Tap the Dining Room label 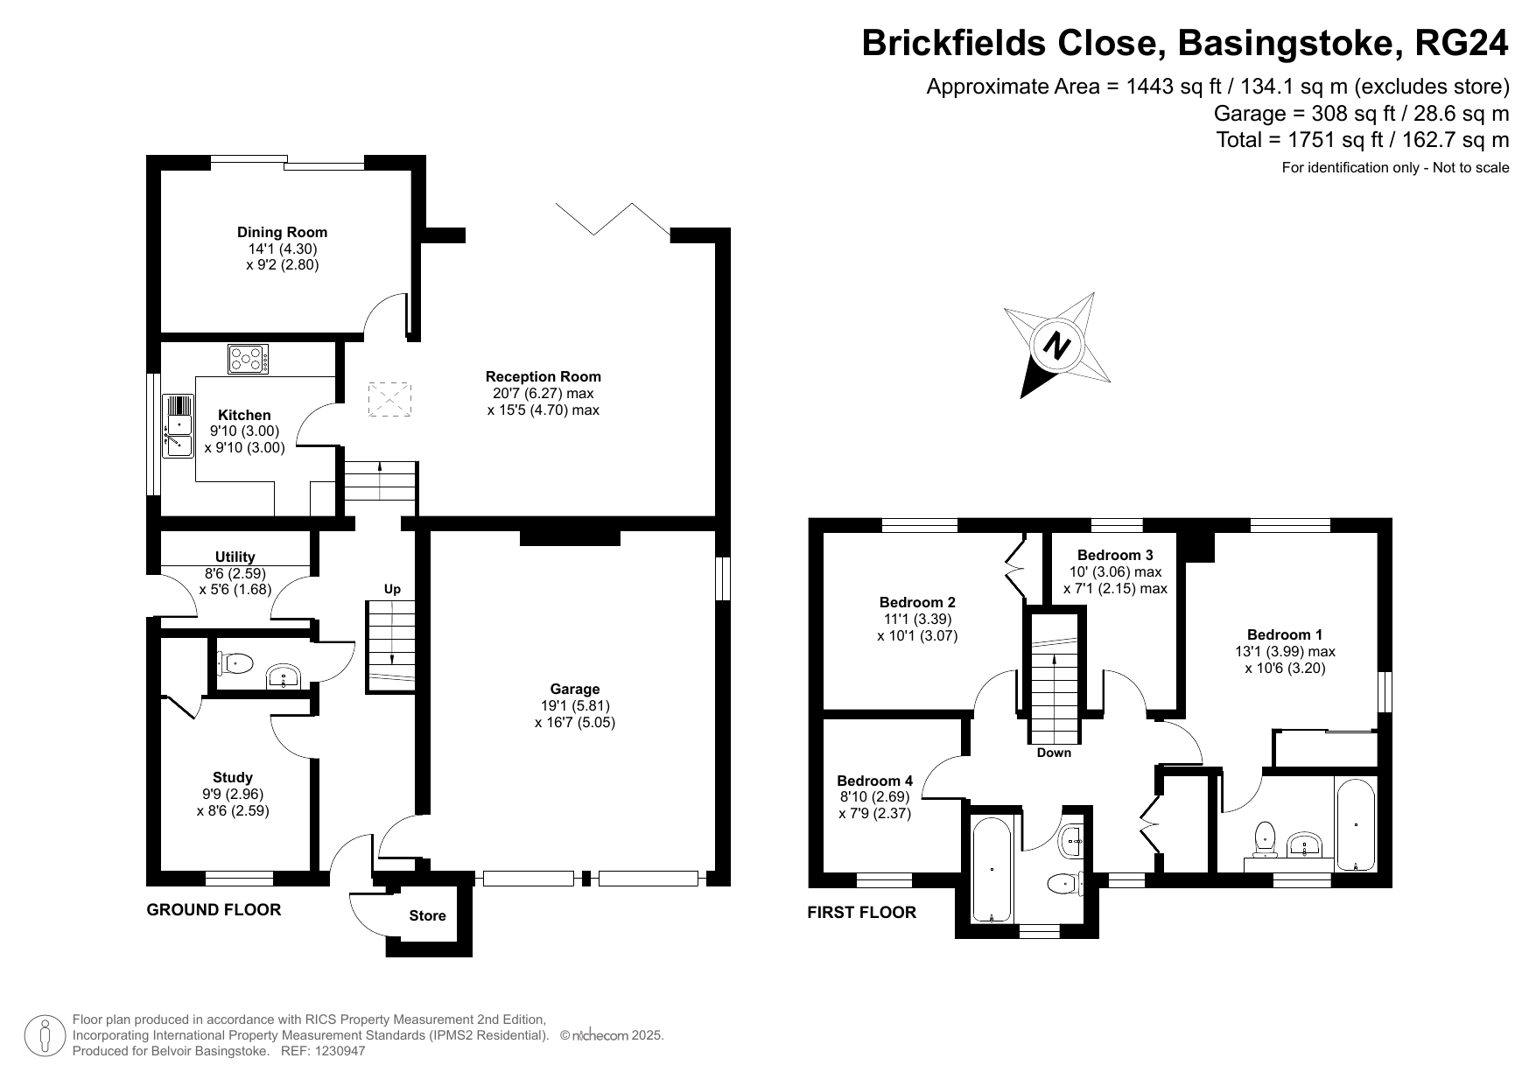pyautogui.click(x=282, y=232)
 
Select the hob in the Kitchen pyautogui.click(x=249, y=358)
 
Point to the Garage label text pyautogui.click(x=575, y=689)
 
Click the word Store pyautogui.click(x=427, y=915)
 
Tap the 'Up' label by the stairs pyautogui.click(x=392, y=589)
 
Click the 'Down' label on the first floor pyautogui.click(x=1054, y=753)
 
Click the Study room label pyautogui.click(x=233, y=777)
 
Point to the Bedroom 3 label pyautogui.click(x=1115, y=555)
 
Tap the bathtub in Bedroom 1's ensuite pyautogui.click(x=1356, y=823)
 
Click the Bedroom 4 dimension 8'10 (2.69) pyautogui.click(x=874, y=797)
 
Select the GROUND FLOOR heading pyautogui.click(x=214, y=910)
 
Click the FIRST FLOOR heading pyautogui.click(x=861, y=913)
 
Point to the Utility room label pyautogui.click(x=235, y=557)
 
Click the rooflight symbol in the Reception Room pyautogui.click(x=389, y=400)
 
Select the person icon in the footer pyautogui.click(x=45, y=1035)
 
